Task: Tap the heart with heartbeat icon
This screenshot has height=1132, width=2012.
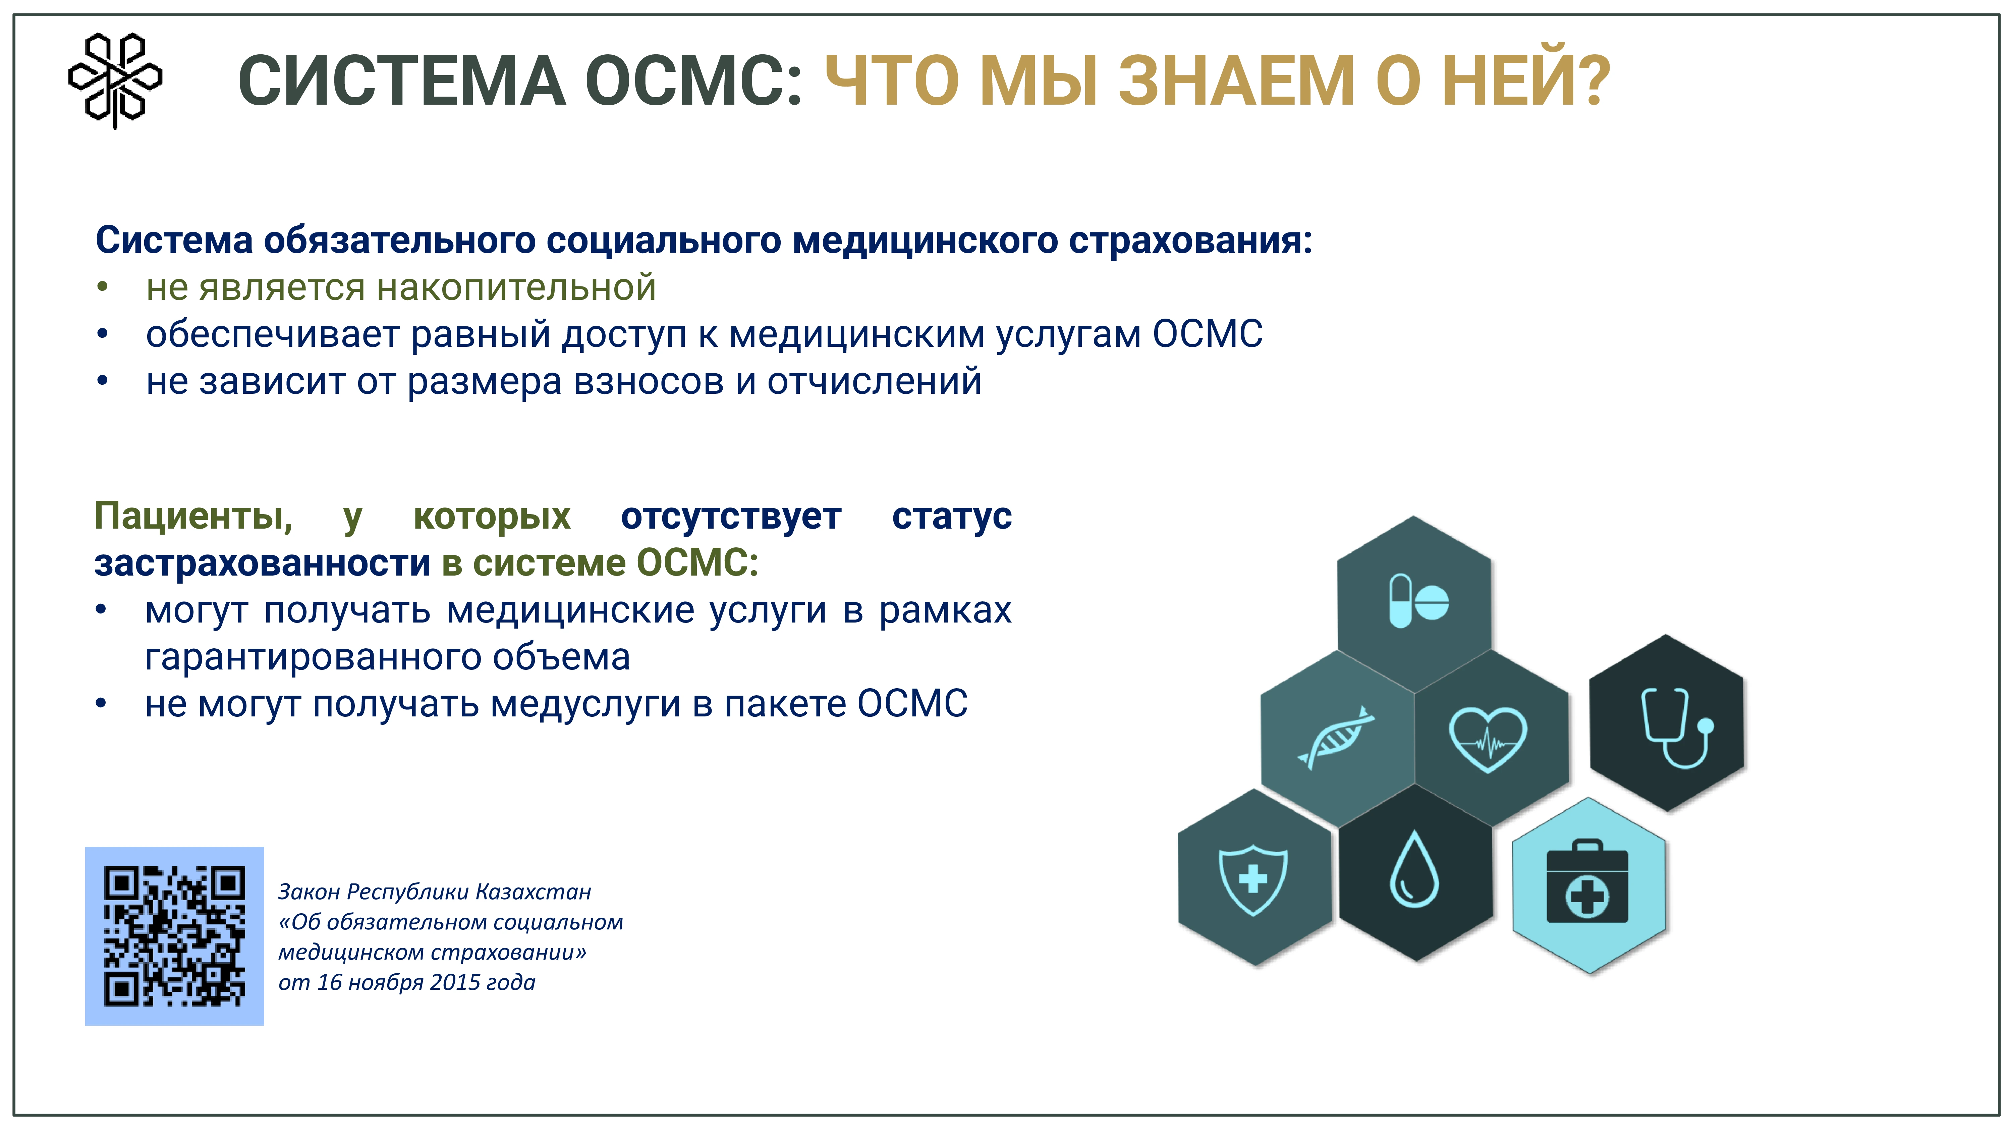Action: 1488,738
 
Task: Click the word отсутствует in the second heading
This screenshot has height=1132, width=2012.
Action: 731,517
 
